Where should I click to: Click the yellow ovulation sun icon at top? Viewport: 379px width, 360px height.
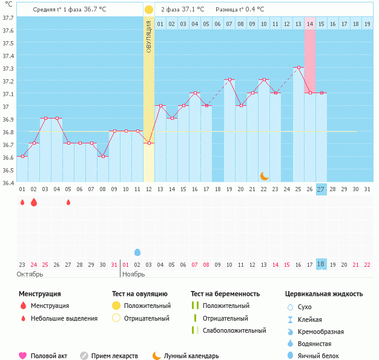149,10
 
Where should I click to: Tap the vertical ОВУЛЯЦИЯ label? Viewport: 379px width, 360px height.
149,36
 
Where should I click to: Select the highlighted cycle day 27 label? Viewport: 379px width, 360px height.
321,189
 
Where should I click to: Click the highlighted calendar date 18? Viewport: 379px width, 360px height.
321,264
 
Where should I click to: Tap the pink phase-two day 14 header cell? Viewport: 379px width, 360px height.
309,24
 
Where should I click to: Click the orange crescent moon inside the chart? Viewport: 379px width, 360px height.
264,175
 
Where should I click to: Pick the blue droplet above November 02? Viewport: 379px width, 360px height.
137,252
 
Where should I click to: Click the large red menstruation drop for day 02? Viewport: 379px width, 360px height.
34,202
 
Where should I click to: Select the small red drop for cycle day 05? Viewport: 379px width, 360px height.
68,202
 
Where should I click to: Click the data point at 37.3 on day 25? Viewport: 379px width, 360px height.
298,68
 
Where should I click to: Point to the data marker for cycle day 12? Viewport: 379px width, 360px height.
149,143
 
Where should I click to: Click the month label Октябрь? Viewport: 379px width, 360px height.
30,274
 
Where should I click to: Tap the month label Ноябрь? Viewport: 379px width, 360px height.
134,274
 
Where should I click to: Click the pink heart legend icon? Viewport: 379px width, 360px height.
23,356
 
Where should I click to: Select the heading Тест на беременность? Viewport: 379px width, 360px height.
225,293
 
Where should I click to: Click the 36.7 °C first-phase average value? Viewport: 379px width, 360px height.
93,10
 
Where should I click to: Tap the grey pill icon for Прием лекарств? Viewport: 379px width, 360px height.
84,356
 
